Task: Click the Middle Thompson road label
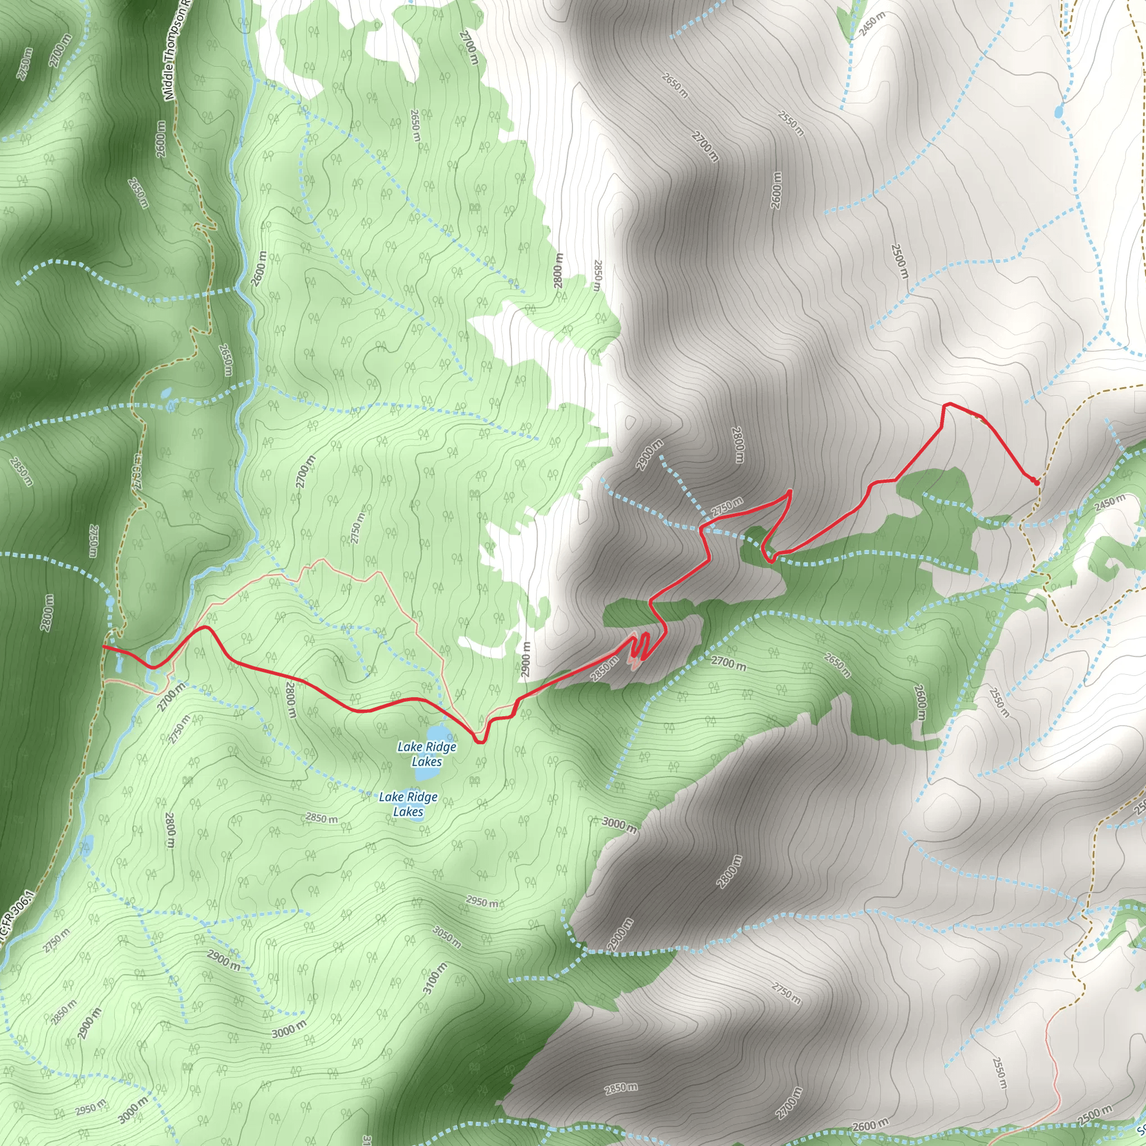[x=176, y=50]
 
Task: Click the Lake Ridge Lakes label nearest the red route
[x=426, y=754]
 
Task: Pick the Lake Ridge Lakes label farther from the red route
[x=408, y=804]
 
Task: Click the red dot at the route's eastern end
[x=1036, y=482]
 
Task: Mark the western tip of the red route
[x=103, y=646]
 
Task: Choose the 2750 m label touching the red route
[x=727, y=506]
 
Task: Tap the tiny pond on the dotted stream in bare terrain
[x=1059, y=111]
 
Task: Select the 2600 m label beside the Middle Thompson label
[x=160, y=139]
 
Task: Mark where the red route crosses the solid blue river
[x=153, y=666]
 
